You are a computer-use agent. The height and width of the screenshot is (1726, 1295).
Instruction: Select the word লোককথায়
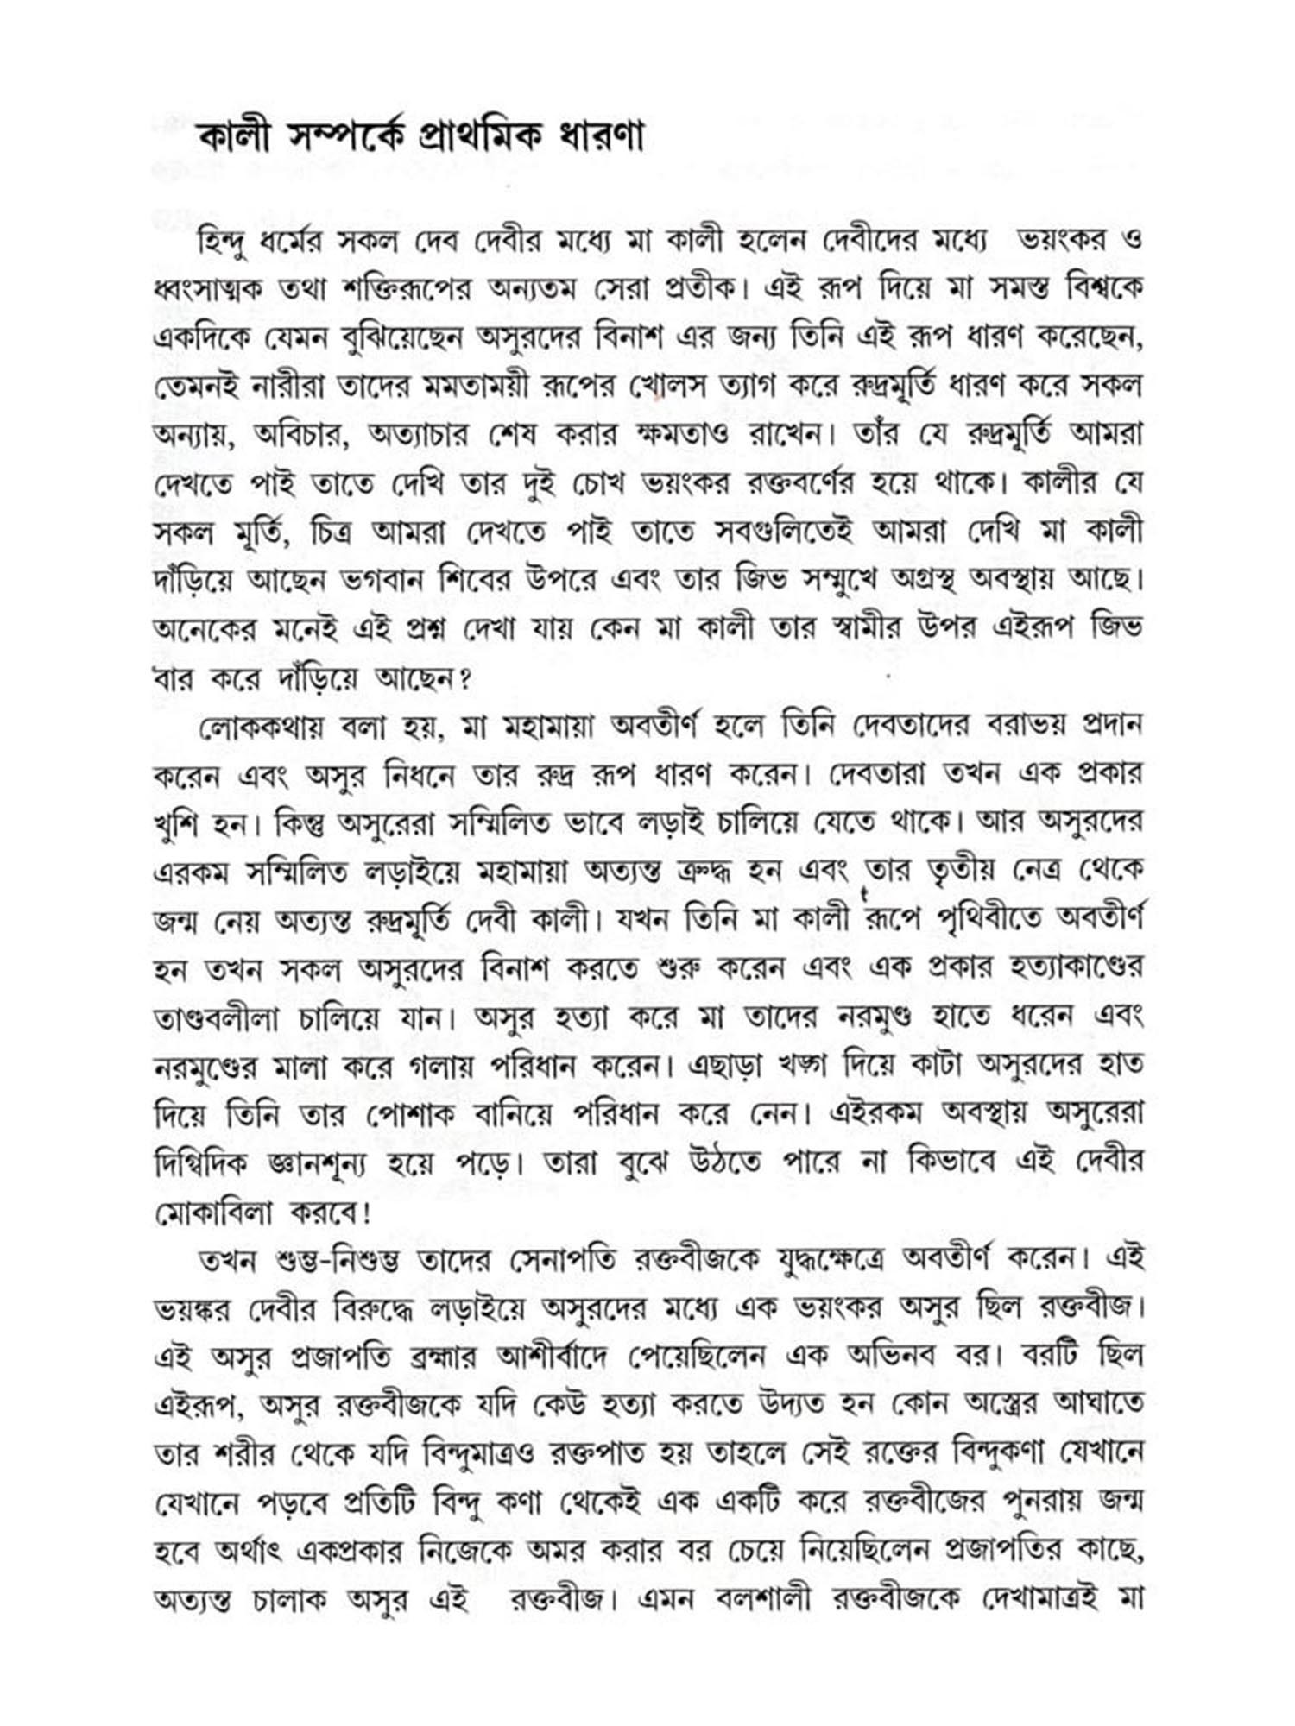click(x=261, y=728)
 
